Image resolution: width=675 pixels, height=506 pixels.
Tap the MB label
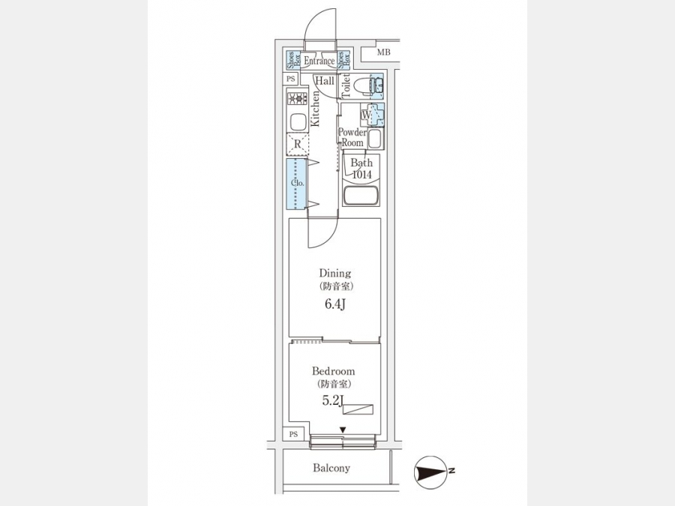(383, 52)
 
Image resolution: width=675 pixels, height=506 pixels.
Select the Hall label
(325, 80)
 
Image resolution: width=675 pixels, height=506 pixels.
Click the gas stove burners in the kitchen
(296, 97)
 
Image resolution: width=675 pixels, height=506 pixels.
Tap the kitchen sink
(296, 121)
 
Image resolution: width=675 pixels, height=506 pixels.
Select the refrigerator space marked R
(297, 144)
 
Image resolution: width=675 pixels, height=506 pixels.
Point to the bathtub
(361, 196)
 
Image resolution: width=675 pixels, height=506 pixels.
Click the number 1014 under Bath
(361, 175)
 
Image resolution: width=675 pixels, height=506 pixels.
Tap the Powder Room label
(352, 137)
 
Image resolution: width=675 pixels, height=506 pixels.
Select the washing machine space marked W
(366, 115)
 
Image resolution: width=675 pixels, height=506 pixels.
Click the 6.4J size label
(335, 304)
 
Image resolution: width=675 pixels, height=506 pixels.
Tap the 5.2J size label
(332, 401)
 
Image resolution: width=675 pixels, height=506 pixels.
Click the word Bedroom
(333, 370)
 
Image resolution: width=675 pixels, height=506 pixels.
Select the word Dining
(335, 273)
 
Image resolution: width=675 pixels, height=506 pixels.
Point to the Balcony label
(331, 468)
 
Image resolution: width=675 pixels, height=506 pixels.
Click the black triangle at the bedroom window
(343, 430)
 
